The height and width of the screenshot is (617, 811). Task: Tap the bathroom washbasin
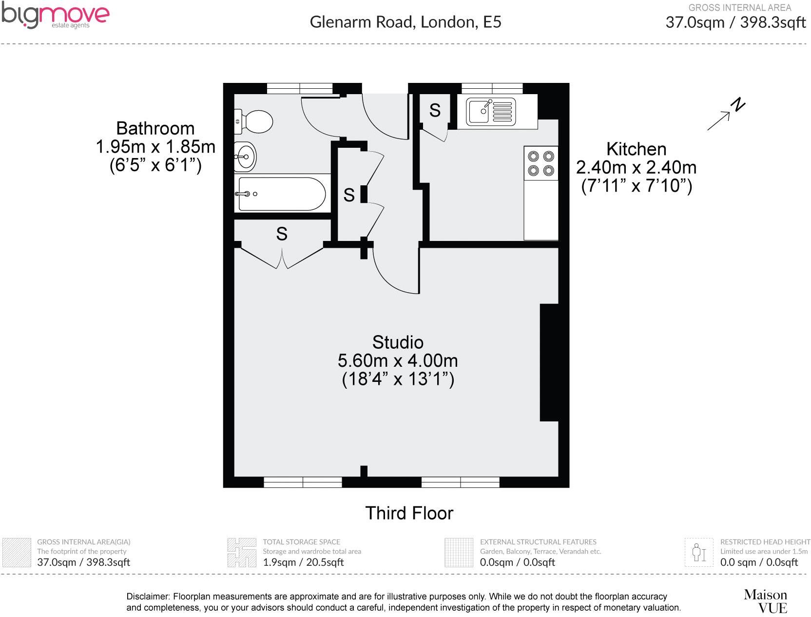(245, 157)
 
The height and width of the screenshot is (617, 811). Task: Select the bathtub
(280, 194)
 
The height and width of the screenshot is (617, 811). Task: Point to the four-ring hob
(541, 163)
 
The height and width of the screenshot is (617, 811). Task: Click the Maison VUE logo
(765, 601)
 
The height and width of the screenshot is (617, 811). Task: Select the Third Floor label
(409, 513)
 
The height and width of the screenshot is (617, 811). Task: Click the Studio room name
(398, 342)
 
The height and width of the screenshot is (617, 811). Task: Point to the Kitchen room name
(636, 149)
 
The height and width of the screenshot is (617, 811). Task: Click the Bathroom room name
(155, 128)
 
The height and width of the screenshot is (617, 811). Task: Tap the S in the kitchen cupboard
(435, 111)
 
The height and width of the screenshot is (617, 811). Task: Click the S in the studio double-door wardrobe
(282, 234)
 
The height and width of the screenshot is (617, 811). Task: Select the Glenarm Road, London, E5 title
(405, 22)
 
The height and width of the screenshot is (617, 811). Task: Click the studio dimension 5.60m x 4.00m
(398, 361)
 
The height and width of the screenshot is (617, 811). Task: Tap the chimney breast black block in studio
(549, 362)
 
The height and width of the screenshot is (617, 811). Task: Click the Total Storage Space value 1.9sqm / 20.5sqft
(303, 562)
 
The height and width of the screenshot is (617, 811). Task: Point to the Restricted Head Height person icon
(699, 552)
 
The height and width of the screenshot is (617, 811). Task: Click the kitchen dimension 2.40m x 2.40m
(636, 167)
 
